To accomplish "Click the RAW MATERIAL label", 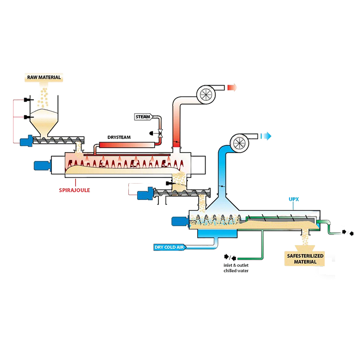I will (44, 77).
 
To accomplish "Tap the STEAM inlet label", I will (143, 117).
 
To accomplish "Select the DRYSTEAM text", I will (119, 137).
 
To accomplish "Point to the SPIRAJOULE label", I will (74, 190).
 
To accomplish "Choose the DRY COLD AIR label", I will (169, 247).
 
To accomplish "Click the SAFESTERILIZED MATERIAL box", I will (306, 259).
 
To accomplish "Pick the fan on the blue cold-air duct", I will (241, 142).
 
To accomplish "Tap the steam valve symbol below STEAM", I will (161, 134).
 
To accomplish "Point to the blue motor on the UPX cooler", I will (179, 221).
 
